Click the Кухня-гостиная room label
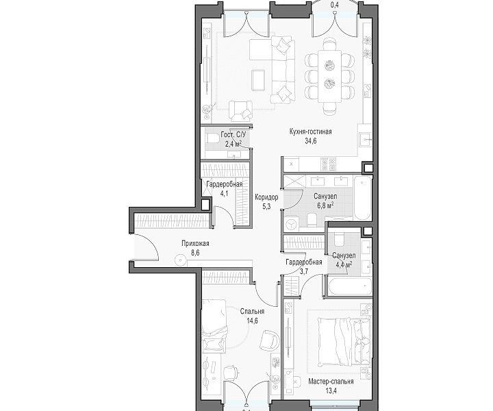310,132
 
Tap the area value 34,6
310,141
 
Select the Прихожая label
195,243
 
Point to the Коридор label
266,197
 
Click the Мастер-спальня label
331,382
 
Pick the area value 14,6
252,321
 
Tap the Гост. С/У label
233,134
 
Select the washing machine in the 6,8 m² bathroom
292,223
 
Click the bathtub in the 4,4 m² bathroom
349,286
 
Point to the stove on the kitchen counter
328,164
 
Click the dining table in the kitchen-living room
329,76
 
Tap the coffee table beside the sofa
258,79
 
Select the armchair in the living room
240,111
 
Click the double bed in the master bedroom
343,342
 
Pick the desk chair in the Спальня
231,373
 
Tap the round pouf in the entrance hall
180,260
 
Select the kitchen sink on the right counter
365,138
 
